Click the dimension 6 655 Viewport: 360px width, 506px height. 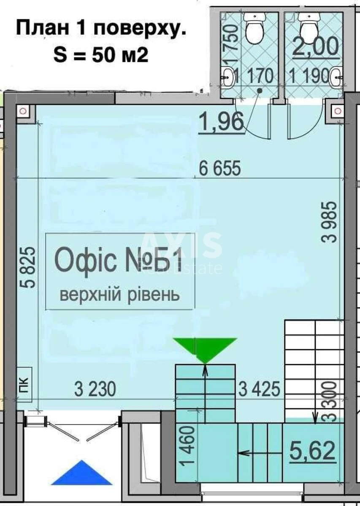(220, 169)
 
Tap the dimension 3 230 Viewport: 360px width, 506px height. (95, 389)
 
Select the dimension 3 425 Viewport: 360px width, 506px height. (260, 389)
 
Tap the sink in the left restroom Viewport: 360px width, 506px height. (228, 78)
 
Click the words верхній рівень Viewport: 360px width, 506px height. (120, 294)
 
